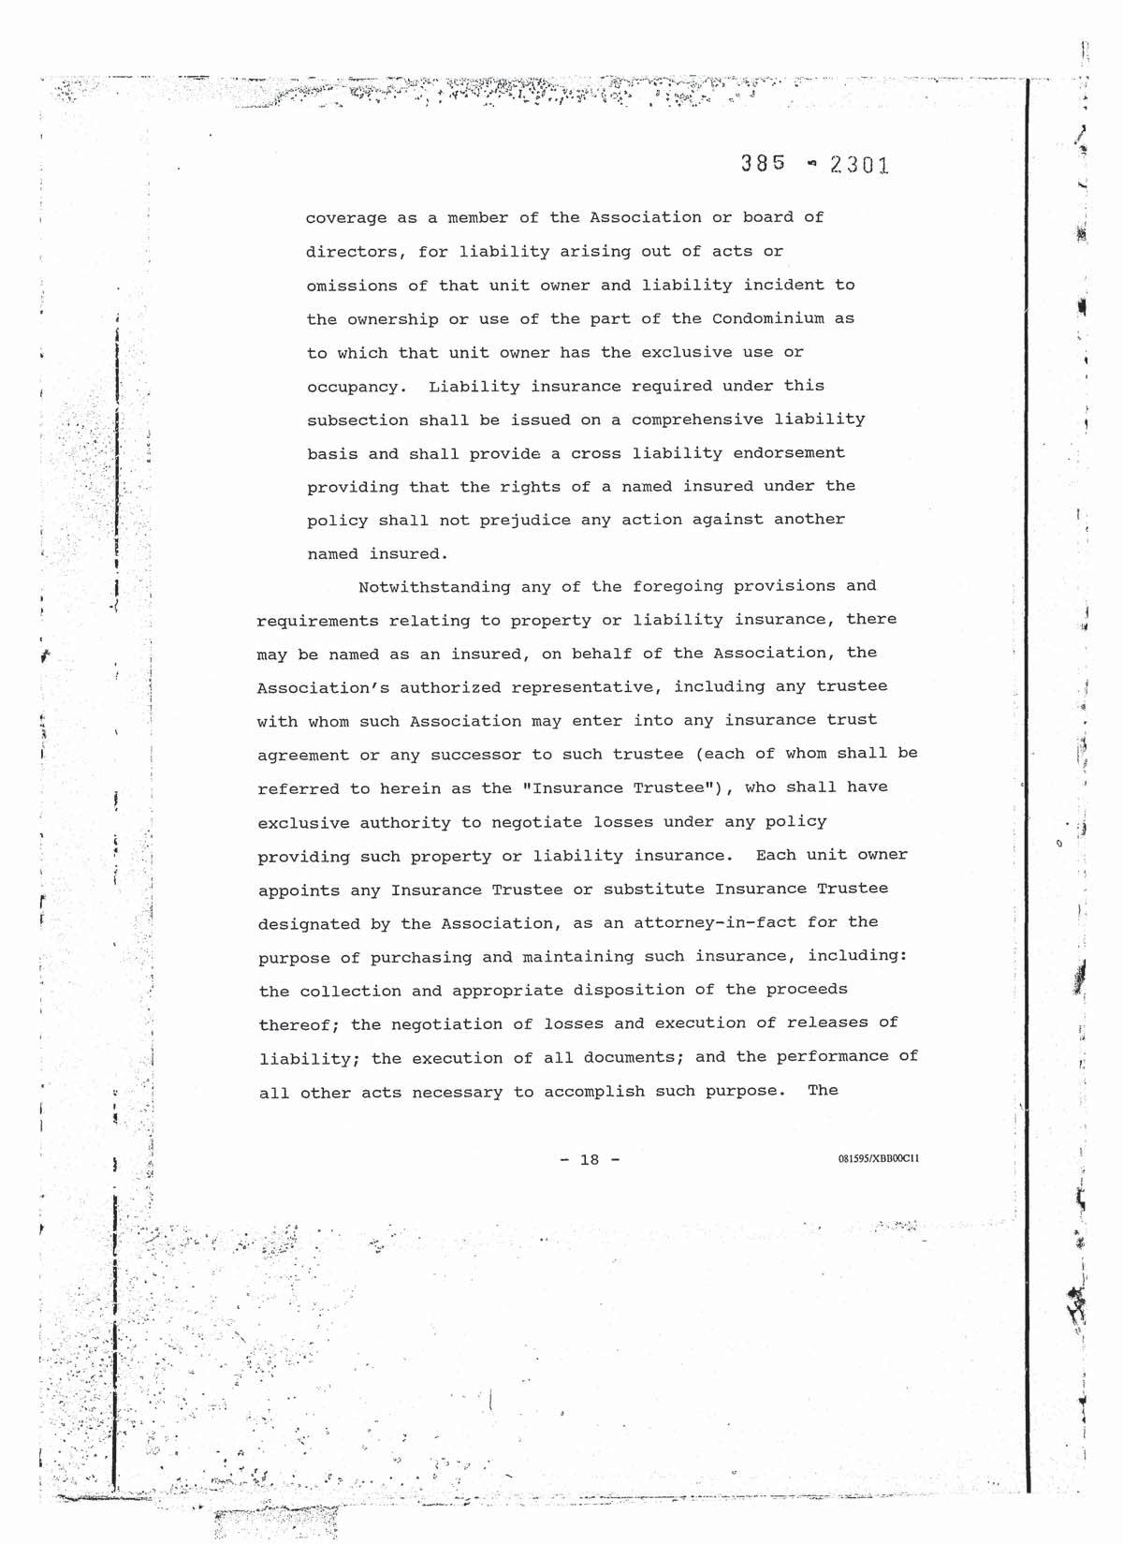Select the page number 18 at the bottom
click(x=589, y=1160)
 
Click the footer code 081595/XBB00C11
click(x=879, y=1159)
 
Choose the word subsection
click(x=357, y=419)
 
